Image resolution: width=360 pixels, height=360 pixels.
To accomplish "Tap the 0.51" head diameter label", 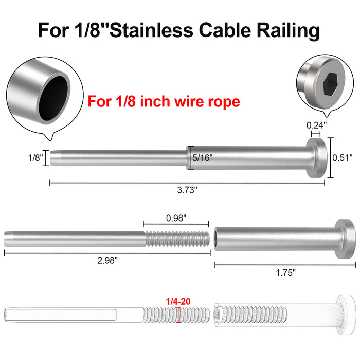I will point(343,158).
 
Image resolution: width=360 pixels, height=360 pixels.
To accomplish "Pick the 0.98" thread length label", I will point(176,218).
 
